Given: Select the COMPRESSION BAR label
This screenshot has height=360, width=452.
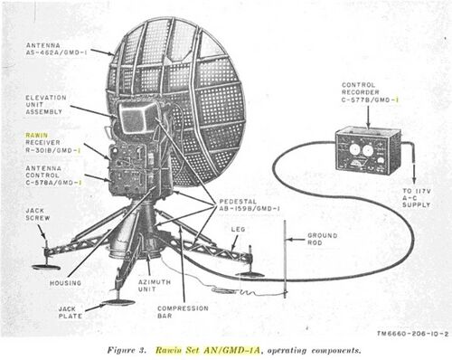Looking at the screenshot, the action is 195,313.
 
